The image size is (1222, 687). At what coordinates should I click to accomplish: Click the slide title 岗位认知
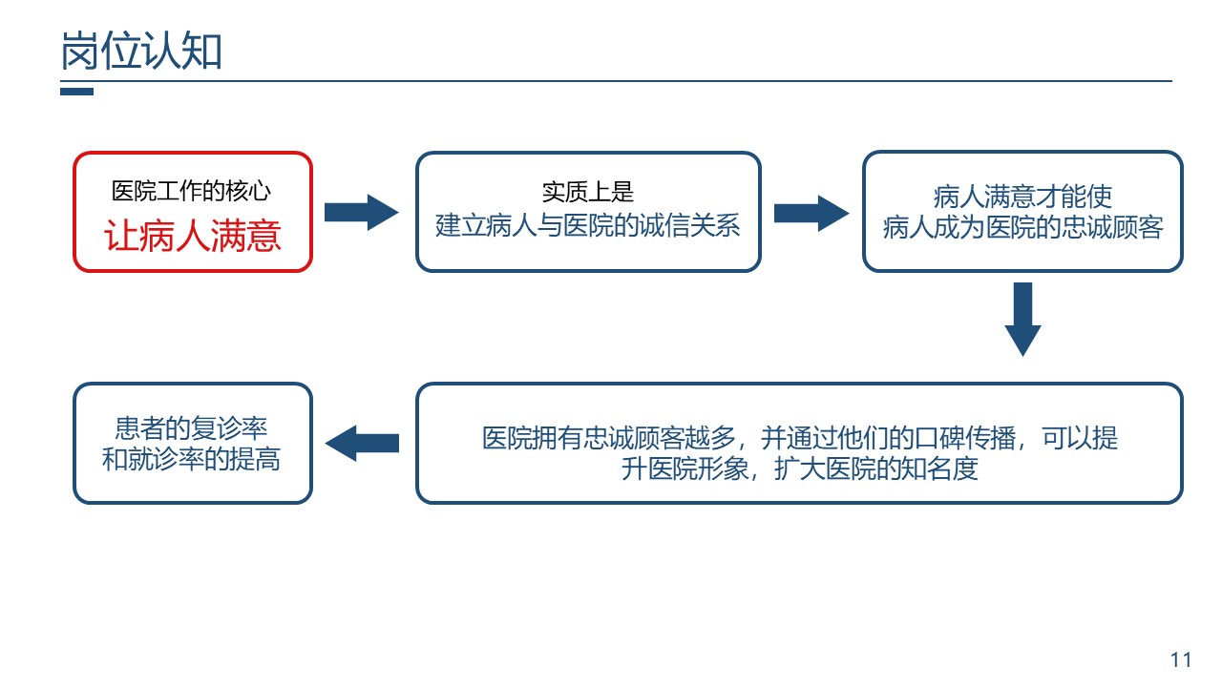[141, 51]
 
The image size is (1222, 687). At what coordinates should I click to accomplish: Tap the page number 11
[1181, 659]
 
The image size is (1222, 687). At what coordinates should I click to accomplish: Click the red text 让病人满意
[193, 236]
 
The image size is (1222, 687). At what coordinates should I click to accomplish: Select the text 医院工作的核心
[192, 191]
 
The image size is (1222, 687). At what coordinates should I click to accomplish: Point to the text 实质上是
[588, 192]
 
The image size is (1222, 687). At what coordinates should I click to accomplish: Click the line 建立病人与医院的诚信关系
[588, 225]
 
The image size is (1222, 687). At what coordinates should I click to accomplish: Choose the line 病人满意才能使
[1022, 197]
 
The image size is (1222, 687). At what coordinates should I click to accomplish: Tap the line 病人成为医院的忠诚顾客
[1022, 227]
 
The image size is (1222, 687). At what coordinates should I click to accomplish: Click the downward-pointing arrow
[1022, 320]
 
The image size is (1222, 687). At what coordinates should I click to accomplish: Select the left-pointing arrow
[362, 444]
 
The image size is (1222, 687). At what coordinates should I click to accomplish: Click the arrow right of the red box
[361, 212]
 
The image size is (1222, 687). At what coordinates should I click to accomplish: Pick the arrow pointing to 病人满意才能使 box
[811, 213]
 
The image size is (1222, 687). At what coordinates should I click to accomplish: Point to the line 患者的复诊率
[192, 428]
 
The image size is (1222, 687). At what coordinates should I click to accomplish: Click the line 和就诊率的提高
[192, 459]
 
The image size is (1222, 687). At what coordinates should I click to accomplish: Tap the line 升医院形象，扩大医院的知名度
[800, 468]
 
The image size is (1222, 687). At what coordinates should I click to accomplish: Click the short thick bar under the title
[77, 92]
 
